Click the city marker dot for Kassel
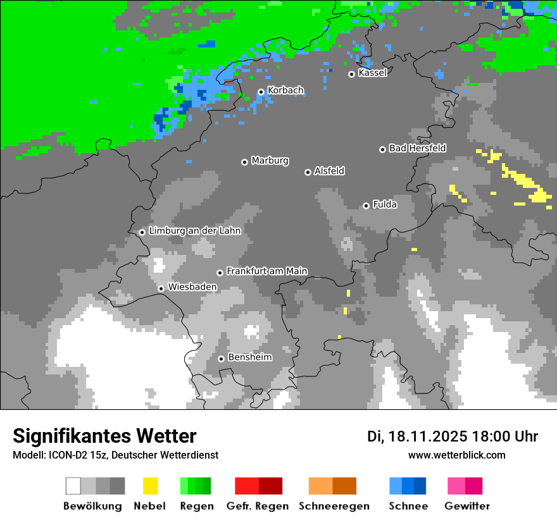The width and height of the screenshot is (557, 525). pyautogui.click(x=351, y=74)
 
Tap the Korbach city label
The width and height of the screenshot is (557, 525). pyautogui.click(x=285, y=90)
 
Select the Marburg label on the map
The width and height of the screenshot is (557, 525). pyautogui.click(x=270, y=161)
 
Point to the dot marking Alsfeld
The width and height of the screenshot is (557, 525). pyautogui.click(x=308, y=172)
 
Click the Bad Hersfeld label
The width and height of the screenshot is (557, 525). pyautogui.click(x=417, y=148)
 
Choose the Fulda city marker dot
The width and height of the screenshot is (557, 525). pyautogui.click(x=366, y=206)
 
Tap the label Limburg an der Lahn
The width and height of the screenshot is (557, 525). pyautogui.click(x=194, y=231)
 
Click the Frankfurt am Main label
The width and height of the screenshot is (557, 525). pyautogui.click(x=266, y=271)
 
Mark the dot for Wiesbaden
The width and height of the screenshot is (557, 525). pyautogui.click(x=161, y=288)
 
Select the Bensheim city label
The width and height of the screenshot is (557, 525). pyautogui.click(x=249, y=357)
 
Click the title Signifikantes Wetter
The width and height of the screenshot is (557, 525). pyautogui.click(x=104, y=436)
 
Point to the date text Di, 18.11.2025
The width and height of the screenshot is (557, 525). pyautogui.click(x=417, y=436)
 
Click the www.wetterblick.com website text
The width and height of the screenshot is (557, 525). pyautogui.click(x=456, y=455)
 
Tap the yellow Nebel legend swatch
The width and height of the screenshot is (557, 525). pyautogui.click(x=150, y=486)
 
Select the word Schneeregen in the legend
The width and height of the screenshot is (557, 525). pyautogui.click(x=334, y=506)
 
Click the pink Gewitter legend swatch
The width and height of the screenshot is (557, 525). pyautogui.click(x=456, y=486)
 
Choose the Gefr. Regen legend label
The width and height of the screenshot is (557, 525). pyautogui.click(x=258, y=506)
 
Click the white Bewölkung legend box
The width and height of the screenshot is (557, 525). pyautogui.click(x=73, y=486)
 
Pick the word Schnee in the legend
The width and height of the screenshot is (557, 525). pyautogui.click(x=408, y=506)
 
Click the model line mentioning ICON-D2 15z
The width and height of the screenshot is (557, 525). pyautogui.click(x=115, y=455)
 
